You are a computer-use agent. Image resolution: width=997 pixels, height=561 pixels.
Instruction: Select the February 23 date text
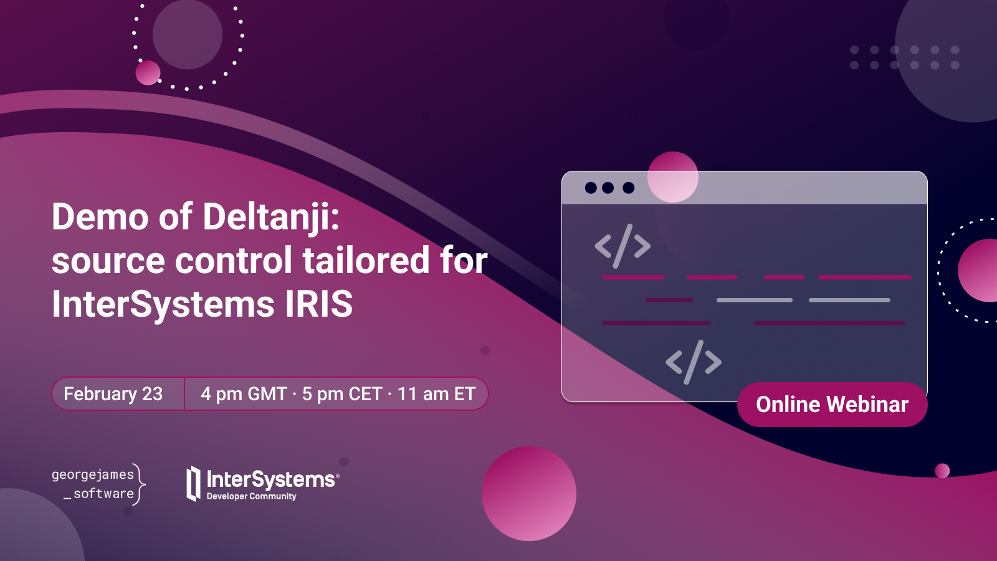(113, 393)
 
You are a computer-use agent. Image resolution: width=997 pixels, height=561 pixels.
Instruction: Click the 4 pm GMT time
(244, 393)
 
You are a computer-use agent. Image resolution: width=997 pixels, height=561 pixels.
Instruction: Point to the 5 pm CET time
(342, 393)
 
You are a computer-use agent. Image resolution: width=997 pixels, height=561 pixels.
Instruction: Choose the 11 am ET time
(436, 393)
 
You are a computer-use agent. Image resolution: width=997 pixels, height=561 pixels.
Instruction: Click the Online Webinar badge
(832, 405)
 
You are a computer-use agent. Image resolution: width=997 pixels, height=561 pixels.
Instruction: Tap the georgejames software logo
(98, 484)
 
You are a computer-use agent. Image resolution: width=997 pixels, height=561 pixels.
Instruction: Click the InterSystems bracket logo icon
(193, 484)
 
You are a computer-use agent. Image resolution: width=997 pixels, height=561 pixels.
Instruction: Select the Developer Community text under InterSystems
(252, 496)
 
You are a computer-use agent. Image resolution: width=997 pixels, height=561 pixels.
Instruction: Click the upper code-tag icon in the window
(623, 246)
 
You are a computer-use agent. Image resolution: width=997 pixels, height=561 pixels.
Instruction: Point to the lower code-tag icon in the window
(694, 362)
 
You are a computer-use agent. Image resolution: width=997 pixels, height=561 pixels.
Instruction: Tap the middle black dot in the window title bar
(608, 188)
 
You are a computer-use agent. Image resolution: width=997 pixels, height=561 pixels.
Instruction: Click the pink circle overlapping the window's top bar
(672, 177)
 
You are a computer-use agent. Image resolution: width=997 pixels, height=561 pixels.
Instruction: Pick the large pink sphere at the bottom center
(529, 493)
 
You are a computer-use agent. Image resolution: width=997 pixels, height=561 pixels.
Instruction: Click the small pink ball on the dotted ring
(148, 72)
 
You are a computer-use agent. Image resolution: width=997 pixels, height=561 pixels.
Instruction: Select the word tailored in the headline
(366, 261)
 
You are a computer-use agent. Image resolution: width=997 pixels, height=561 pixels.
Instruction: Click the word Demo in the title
(100, 217)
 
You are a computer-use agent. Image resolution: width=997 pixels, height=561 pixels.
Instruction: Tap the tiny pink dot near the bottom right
(942, 471)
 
